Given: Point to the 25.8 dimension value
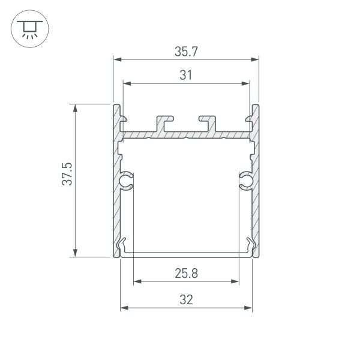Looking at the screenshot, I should (x=186, y=274).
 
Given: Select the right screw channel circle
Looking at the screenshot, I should (x=246, y=180).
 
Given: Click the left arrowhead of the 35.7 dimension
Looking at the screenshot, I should (x=117, y=59).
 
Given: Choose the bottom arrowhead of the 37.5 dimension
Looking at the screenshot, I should (x=75, y=253).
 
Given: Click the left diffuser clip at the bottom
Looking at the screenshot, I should (x=124, y=246).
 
